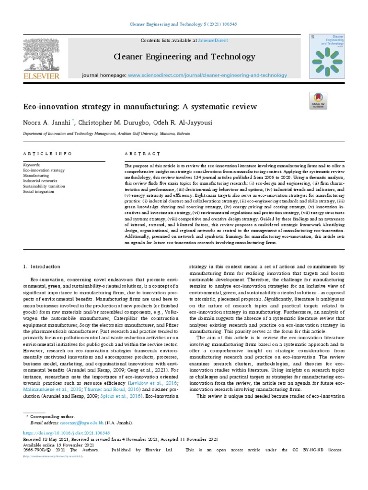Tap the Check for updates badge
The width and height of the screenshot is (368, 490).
point(318,100)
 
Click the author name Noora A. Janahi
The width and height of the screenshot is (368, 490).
point(47,122)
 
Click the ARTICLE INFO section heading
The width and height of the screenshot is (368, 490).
point(48,154)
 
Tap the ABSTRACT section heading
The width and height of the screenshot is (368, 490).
point(142,154)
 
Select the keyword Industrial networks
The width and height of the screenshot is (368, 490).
point(41,181)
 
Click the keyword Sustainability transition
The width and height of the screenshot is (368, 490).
point(45,186)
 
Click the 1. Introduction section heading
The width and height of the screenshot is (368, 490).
point(42,267)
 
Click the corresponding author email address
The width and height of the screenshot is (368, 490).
point(81,423)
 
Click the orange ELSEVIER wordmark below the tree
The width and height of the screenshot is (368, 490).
point(42,76)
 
